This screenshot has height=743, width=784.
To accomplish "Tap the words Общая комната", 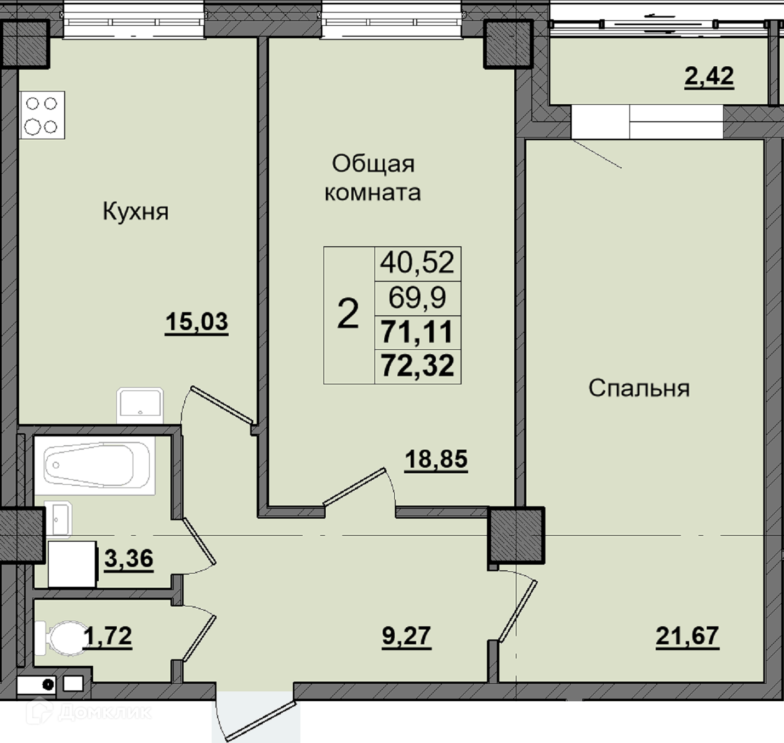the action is tap(373, 178).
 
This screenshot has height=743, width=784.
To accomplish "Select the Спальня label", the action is tap(639, 388).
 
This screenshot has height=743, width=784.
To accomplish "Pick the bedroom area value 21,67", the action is tap(688, 636).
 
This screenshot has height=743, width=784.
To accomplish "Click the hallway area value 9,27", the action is tap(406, 636).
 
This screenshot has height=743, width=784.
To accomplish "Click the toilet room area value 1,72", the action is tap(107, 636).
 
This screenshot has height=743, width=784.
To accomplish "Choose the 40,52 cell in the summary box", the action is tap(417, 263).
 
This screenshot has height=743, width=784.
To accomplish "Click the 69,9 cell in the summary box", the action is tap(417, 298).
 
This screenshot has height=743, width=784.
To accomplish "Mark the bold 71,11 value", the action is tap(417, 332).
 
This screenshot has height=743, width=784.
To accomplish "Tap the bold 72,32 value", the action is tap(418, 366).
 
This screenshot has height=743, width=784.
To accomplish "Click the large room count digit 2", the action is tap(348, 315).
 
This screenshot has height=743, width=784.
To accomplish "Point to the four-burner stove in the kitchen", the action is tap(42, 115).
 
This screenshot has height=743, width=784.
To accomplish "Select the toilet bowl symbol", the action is tap(60, 638).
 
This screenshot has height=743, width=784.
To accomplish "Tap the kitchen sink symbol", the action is tap(140, 406).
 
